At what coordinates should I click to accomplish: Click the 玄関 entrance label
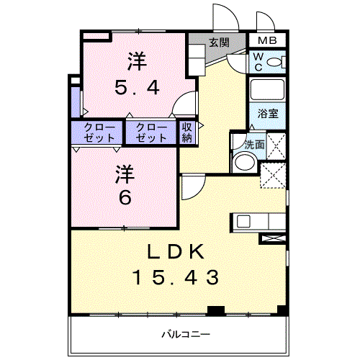pyautogui.click(x=220, y=42)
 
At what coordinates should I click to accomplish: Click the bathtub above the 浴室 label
pyautogui.click(x=268, y=91)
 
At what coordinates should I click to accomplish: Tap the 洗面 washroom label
pyautogui.click(x=254, y=144)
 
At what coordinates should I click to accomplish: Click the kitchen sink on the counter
pyautogui.click(x=243, y=222)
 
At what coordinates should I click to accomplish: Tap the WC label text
pyautogui.click(x=256, y=63)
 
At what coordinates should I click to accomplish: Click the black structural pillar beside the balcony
pyautogui.click(x=213, y=311)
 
